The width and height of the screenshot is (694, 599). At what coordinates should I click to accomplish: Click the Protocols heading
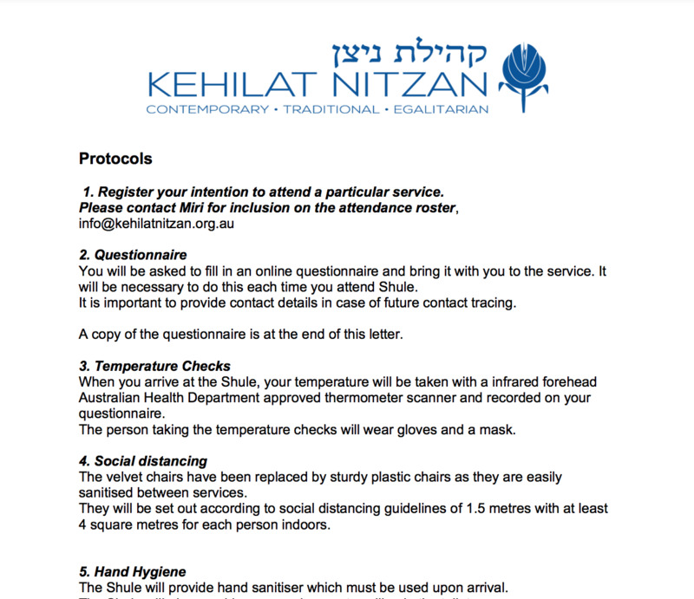click(115, 159)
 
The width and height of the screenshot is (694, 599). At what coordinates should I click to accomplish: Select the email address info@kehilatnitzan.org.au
click(157, 223)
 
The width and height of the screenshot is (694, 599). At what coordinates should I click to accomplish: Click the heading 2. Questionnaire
click(133, 256)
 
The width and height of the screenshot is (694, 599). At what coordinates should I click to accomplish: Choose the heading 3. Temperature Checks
click(154, 367)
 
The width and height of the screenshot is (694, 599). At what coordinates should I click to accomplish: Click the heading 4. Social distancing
click(143, 461)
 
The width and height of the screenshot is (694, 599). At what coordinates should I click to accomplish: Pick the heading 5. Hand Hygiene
click(132, 571)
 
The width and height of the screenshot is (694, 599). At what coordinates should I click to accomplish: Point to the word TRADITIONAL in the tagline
click(332, 110)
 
